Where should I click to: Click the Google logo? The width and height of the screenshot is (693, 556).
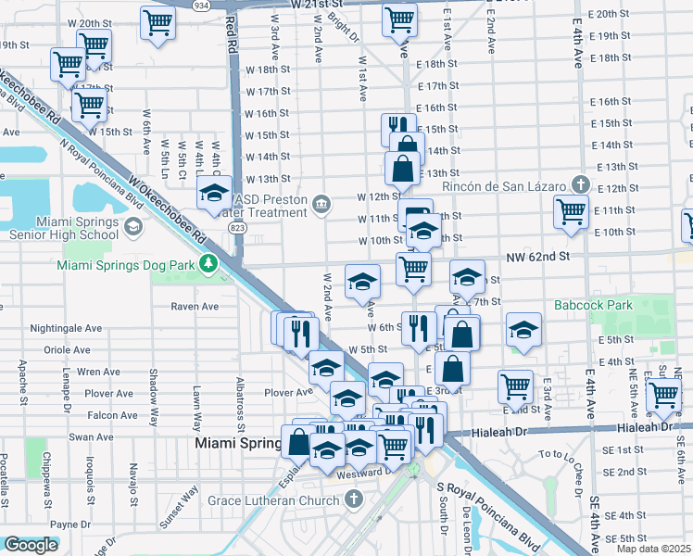tap(31, 545)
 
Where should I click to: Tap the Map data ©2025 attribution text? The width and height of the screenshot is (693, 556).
tap(654, 549)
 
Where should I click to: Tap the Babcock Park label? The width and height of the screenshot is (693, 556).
tap(592, 304)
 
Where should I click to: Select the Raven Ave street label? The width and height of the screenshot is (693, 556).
tap(195, 306)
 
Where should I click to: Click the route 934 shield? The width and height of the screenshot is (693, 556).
tap(227, 5)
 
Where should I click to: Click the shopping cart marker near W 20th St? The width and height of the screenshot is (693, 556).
tap(158, 23)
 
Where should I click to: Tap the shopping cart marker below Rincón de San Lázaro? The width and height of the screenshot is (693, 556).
tap(571, 212)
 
